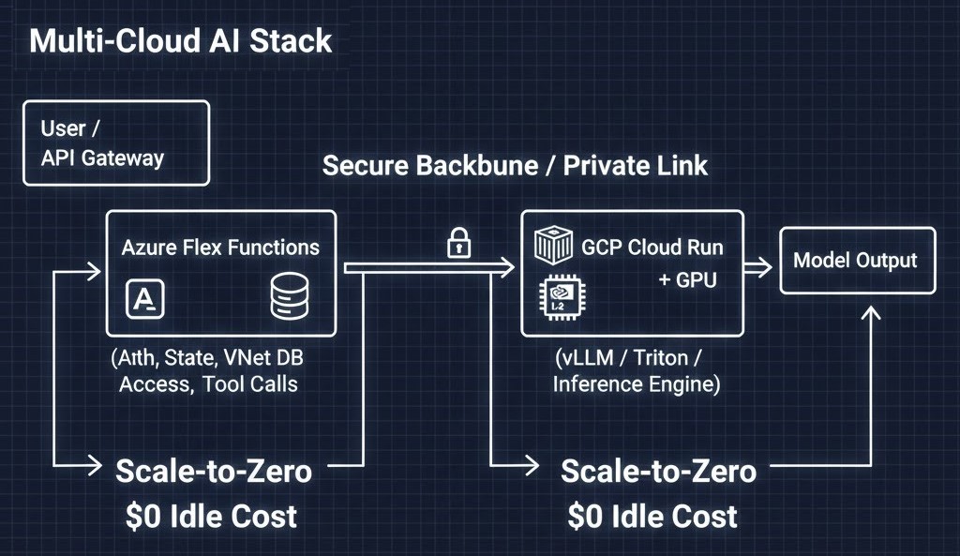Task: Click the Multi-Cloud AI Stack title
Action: (x=180, y=41)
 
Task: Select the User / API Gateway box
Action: (x=115, y=143)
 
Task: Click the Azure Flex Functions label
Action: (x=220, y=248)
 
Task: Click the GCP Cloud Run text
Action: (x=652, y=248)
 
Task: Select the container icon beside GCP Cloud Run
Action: (x=552, y=246)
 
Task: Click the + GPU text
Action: (x=688, y=279)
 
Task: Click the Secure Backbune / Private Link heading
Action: (x=515, y=166)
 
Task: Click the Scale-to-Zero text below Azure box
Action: (x=213, y=471)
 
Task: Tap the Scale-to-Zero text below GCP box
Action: (x=658, y=471)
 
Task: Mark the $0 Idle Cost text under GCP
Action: (x=652, y=516)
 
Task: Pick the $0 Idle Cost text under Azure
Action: (x=212, y=516)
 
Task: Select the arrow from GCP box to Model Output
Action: (x=757, y=266)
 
